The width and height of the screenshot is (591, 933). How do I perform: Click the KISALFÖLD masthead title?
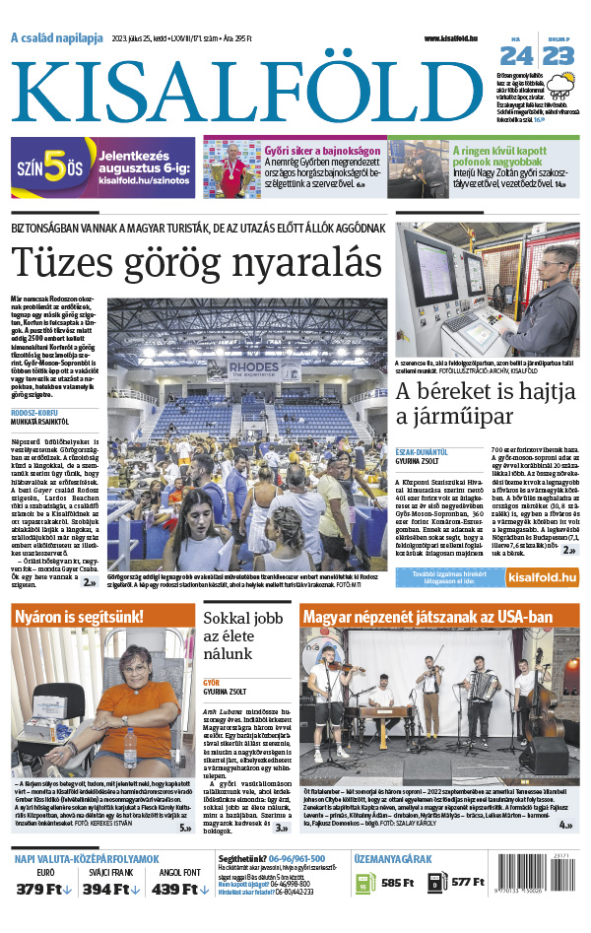tap(254, 92)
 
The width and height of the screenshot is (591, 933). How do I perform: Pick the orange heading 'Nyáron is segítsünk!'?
tap(79, 618)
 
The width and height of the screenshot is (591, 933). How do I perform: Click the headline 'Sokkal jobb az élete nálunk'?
tap(240, 637)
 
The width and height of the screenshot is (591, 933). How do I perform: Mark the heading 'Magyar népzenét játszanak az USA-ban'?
tap(428, 618)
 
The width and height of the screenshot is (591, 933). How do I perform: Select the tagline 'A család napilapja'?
tap(56, 38)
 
